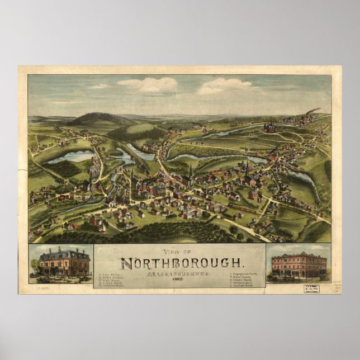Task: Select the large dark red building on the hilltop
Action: pyautogui.click(x=271, y=128)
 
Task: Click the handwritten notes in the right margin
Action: pyautogui.click(x=336, y=280)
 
